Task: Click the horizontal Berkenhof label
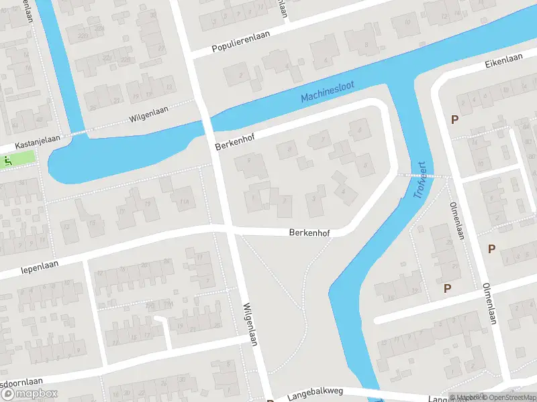point(311,233)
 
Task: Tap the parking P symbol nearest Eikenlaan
point(454,120)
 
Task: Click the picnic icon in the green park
point(7,160)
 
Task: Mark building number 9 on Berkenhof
point(249,160)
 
